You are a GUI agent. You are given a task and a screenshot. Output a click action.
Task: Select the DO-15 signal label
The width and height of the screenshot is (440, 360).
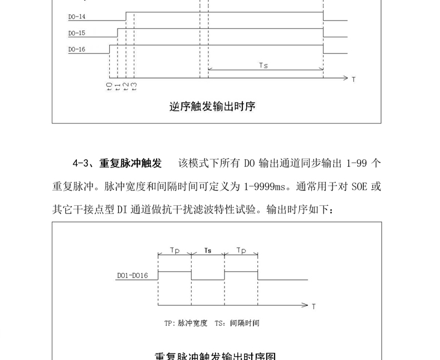click(76, 33)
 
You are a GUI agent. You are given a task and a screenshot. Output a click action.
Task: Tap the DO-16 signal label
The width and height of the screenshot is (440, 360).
click(76, 49)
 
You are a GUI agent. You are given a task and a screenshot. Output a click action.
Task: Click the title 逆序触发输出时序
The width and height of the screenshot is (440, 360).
click(212, 106)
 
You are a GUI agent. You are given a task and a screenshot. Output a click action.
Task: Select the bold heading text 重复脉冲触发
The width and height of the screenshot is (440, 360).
click(130, 164)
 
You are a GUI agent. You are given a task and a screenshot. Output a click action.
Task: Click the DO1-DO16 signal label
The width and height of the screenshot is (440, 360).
click(133, 275)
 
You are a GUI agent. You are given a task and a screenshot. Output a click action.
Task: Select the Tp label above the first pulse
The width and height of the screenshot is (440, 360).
click(174, 251)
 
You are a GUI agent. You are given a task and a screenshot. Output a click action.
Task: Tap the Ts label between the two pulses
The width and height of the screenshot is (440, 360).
click(208, 251)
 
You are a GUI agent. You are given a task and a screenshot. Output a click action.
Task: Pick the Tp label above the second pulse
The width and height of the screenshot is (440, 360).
click(241, 251)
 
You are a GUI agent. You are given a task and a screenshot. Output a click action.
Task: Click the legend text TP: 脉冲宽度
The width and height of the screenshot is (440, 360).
click(185, 323)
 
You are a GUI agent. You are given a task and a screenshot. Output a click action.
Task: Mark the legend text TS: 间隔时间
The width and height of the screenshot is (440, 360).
click(237, 323)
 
